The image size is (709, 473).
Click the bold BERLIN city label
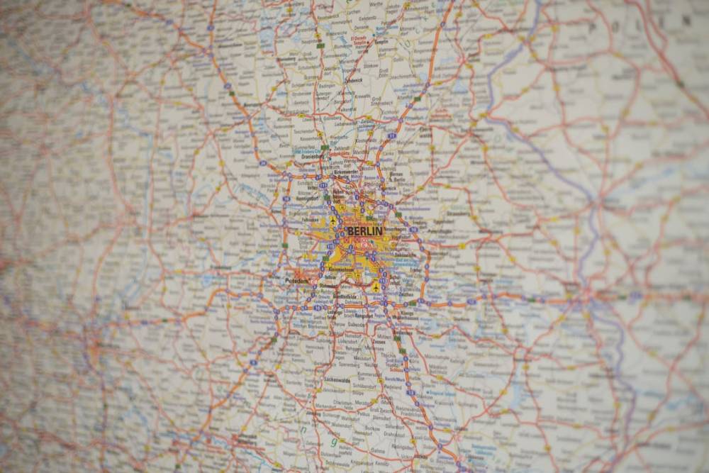point(364,231)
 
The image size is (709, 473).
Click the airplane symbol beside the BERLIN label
point(333,227)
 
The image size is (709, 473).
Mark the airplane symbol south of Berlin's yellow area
point(375,288)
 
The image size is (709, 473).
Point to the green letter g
point(333,441)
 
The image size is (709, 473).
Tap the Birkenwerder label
point(343,172)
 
